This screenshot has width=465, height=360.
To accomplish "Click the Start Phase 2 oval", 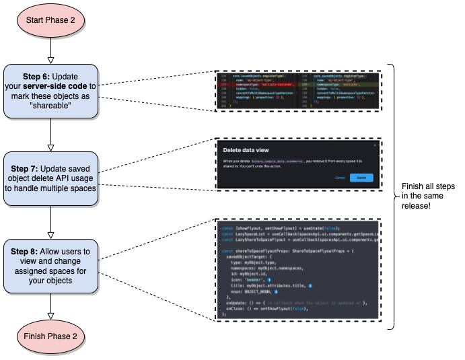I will click(x=50, y=20).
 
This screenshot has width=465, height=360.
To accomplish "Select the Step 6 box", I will click(x=50, y=92).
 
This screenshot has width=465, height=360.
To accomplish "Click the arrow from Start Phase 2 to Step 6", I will click(x=50, y=51).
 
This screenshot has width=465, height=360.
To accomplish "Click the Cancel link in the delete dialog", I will click(x=340, y=177).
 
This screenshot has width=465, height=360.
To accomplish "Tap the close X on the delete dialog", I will click(x=375, y=145).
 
